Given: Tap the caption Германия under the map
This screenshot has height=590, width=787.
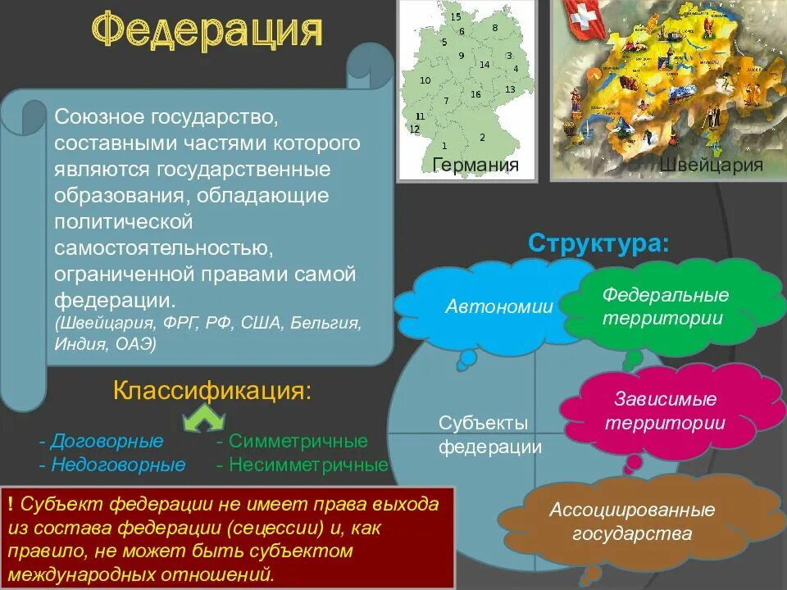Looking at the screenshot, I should (x=475, y=166).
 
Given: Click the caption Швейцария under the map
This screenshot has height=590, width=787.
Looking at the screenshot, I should (x=711, y=166).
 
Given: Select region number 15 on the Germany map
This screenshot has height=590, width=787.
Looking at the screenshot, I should (x=456, y=16).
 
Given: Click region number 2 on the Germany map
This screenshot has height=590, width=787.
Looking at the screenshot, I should (x=482, y=137).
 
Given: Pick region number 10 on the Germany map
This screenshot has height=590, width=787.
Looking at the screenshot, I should (x=425, y=80).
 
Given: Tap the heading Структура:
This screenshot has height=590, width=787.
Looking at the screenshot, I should (x=598, y=243).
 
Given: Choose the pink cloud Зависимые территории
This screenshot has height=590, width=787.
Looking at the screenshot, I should (x=665, y=411).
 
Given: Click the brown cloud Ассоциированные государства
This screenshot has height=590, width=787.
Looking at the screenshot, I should (x=631, y=522).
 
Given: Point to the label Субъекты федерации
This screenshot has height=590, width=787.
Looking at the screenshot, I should (x=489, y=435).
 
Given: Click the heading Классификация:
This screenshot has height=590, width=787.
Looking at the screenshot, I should (x=212, y=390).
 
